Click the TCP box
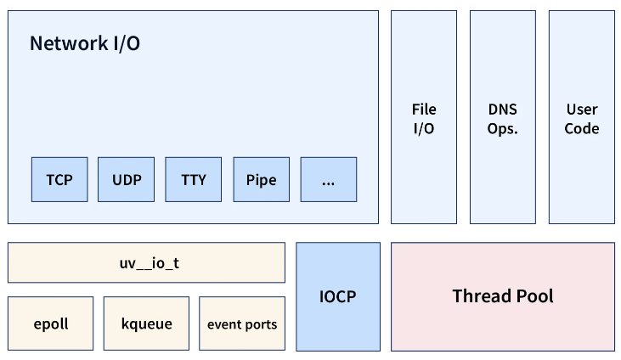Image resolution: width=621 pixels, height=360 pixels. coord(59,180)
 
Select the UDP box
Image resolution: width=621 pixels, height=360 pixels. coord(127,180)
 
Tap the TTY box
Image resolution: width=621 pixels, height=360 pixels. coord(194,180)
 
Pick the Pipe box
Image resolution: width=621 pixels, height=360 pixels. coord(261,180)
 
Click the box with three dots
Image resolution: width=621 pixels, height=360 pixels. coord(329,180)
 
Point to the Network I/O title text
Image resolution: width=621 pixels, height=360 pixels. coord(85,44)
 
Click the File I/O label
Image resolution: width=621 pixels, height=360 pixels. coord(424,119)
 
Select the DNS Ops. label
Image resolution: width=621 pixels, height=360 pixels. coord(502,119)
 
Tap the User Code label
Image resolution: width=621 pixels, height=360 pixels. coord(582,119)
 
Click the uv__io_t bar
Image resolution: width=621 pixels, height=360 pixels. coord(146,263)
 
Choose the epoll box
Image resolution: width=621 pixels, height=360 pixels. coord(51,323)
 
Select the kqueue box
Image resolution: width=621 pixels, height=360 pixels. coord(146,323)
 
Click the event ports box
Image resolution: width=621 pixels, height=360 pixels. coord(242,323)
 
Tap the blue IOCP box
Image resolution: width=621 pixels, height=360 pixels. coord(338,296)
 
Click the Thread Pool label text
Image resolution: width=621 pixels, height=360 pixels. coord(502,296)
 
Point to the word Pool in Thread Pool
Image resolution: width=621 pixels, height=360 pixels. coord(532,296)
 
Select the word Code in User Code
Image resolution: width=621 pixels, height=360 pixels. coord(582,129)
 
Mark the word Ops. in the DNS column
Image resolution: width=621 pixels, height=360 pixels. coord(502,129)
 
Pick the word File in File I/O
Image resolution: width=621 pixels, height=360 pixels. coord(424,110)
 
